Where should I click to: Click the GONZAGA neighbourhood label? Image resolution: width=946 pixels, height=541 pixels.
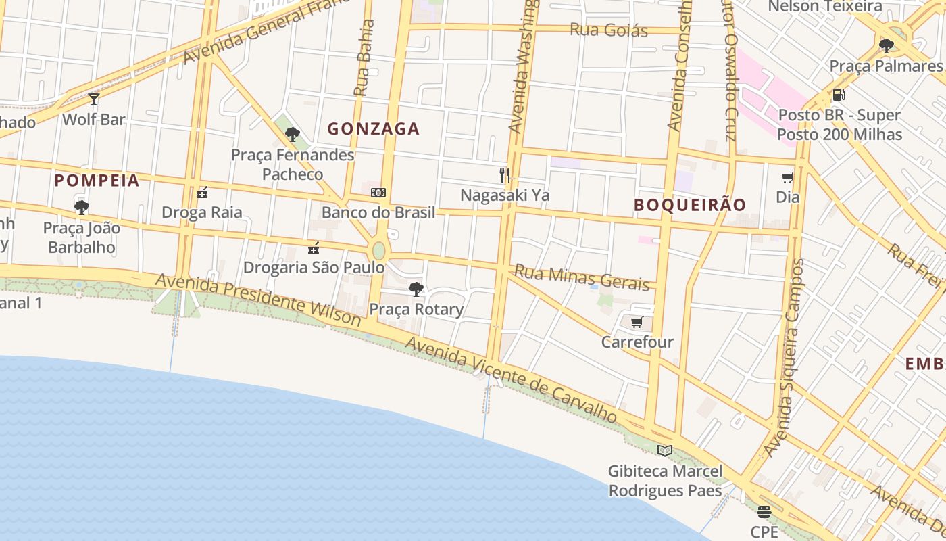click(374, 128)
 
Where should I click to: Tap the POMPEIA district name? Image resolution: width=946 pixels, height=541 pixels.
click(97, 181)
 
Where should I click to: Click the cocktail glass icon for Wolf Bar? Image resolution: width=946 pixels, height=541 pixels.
click(94, 99)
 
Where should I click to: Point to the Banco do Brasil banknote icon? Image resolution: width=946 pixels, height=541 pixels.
click(378, 193)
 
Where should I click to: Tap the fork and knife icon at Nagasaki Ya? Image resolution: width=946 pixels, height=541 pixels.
click(505, 175)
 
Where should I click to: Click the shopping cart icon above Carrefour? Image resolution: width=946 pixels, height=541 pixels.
click(637, 323)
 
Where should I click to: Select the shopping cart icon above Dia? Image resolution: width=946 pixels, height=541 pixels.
click(787, 178)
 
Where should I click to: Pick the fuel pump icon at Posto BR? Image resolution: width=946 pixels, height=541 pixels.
click(839, 95)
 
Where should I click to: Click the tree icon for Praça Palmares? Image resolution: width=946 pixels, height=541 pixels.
click(886, 46)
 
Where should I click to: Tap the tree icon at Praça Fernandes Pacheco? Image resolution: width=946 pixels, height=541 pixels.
click(293, 135)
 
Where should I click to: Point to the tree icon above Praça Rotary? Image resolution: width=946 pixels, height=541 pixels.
click(416, 289)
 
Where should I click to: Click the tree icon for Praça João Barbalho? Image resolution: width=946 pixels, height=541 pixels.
click(82, 208)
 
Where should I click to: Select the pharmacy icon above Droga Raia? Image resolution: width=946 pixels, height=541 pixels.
click(201, 193)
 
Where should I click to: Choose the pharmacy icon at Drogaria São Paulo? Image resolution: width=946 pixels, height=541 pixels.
click(314, 248)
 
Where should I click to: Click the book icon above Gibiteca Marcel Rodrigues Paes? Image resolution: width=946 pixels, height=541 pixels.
click(665, 450)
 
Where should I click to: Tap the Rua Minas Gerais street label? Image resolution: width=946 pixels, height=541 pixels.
click(582, 277)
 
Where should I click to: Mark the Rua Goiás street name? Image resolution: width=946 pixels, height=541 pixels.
click(609, 30)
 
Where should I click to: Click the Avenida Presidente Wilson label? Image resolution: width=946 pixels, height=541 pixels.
click(259, 299)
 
